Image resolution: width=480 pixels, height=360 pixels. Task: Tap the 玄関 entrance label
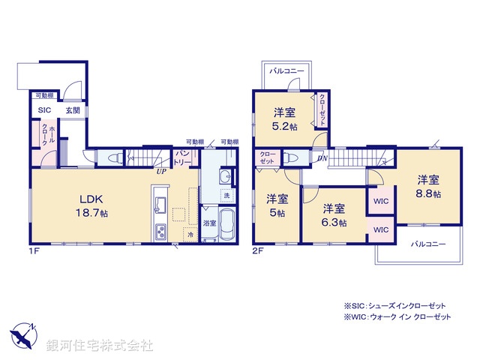(x=73, y=111)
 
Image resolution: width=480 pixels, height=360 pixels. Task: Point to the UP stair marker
(x=160, y=171)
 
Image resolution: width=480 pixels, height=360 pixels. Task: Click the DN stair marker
(x=322, y=158)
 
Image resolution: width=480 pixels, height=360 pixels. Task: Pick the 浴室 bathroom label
(x=209, y=223)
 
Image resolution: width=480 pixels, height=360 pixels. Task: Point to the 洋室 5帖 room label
(x=277, y=205)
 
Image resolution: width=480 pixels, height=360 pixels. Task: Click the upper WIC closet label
(x=379, y=200)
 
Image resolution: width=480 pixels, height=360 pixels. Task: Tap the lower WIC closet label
(x=379, y=230)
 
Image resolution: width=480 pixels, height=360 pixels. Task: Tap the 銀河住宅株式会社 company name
(x=100, y=346)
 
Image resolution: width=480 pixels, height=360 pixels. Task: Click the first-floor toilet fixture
(x=114, y=159)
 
